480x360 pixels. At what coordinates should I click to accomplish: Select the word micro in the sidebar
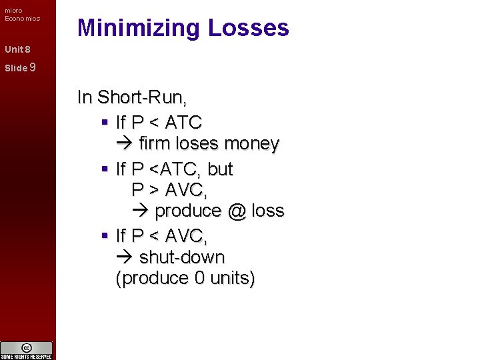[x=13, y=10]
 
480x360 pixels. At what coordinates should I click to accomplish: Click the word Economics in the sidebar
[x=22, y=18]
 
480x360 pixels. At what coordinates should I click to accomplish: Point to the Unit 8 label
[x=17, y=49]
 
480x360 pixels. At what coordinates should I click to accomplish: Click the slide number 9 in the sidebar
[x=33, y=67]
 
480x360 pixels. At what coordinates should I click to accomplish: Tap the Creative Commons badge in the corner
[x=27, y=350]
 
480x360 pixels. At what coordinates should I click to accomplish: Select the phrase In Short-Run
[x=132, y=97]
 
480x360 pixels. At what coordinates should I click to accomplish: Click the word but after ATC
[x=220, y=169]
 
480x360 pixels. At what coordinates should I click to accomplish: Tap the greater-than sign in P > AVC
[x=153, y=190]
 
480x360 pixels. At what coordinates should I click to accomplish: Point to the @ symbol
[x=236, y=211]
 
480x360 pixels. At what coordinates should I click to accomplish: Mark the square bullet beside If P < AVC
[x=105, y=235]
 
